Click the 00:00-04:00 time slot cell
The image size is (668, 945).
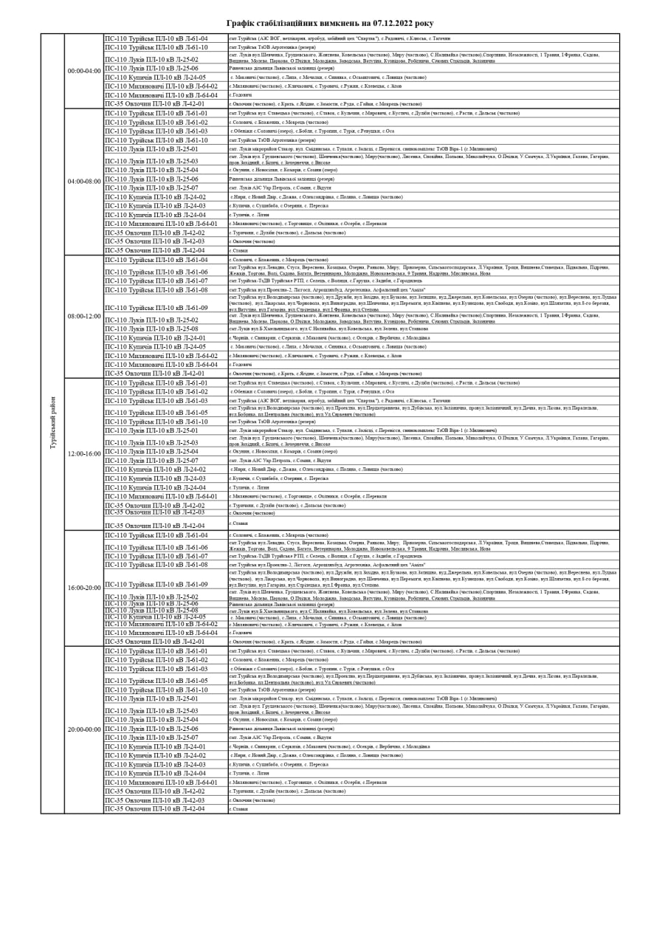click(83, 71)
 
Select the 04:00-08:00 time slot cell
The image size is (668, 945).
click(83, 182)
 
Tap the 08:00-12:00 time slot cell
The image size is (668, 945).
click(83, 316)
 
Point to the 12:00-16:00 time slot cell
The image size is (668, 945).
click(83, 453)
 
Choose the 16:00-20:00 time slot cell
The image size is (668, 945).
click(83, 588)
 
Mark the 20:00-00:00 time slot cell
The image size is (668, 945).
click(83, 729)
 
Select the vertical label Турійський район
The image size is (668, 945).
click(52, 423)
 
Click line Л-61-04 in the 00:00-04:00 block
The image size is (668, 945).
click(156, 38)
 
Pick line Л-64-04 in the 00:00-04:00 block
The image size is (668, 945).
click(161, 95)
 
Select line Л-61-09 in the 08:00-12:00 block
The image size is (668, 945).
click(156, 308)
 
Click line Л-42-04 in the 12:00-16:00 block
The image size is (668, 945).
click(154, 526)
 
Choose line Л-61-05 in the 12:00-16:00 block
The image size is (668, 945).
click(156, 413)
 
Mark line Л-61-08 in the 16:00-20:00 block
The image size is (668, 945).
click(156, 565)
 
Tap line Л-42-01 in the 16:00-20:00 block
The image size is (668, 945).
click(154, 642)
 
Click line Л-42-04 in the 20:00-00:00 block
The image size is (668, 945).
click(154, 808)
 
